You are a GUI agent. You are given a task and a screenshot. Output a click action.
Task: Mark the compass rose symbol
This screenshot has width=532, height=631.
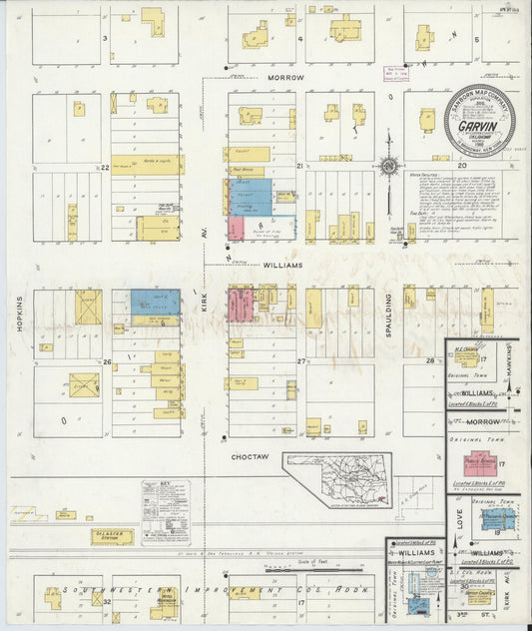click(390, 166)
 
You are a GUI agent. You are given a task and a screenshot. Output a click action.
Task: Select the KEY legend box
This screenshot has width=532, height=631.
click(166, 511)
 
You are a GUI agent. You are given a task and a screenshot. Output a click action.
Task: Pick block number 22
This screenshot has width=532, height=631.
click(104, 168)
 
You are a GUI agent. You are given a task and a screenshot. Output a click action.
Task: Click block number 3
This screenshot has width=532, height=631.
click(104, 37)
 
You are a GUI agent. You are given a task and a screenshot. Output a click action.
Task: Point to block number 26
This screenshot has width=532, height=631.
click(106, 361)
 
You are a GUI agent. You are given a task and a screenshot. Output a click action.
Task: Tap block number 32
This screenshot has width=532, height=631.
click(106, 602)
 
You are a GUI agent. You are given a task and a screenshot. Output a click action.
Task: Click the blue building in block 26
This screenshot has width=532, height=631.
click(156, 303)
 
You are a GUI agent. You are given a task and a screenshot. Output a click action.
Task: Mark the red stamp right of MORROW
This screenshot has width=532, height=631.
click(398, 73)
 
